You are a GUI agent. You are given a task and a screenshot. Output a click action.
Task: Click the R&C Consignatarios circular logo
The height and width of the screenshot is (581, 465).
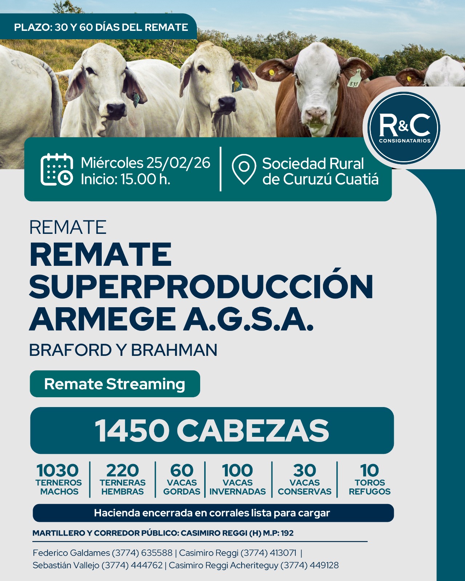404,128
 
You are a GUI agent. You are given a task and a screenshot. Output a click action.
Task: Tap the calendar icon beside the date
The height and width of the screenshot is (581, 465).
56,169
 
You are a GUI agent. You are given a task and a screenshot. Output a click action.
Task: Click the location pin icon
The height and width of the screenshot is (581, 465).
244,169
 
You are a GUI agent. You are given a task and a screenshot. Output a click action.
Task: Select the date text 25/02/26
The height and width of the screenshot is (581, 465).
178,163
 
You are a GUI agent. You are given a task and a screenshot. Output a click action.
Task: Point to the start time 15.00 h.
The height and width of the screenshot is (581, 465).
145,179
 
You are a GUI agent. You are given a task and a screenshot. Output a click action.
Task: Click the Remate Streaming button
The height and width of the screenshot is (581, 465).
115,384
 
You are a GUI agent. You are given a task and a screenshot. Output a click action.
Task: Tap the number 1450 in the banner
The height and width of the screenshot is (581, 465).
132,431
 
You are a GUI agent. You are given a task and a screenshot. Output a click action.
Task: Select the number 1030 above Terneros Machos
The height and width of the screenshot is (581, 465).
58,471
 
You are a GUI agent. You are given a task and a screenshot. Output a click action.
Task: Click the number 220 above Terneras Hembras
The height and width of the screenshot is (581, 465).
122,471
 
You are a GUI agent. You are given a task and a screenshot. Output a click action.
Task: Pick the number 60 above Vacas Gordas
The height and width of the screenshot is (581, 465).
182,471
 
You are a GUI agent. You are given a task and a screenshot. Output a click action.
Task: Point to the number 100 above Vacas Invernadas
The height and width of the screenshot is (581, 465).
237,471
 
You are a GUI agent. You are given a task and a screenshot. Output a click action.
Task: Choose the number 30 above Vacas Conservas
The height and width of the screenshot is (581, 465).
304,471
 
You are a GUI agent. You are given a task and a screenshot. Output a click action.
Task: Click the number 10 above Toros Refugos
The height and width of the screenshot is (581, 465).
369,471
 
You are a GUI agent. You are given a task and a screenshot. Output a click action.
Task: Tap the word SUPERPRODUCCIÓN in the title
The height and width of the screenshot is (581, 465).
201,287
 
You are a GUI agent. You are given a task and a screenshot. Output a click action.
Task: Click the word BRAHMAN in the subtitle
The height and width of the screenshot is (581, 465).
174,350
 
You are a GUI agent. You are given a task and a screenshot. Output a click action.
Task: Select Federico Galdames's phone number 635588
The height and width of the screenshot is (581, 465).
157,553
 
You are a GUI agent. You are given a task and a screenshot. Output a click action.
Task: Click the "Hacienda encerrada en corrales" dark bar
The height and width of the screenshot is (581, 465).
213,513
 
